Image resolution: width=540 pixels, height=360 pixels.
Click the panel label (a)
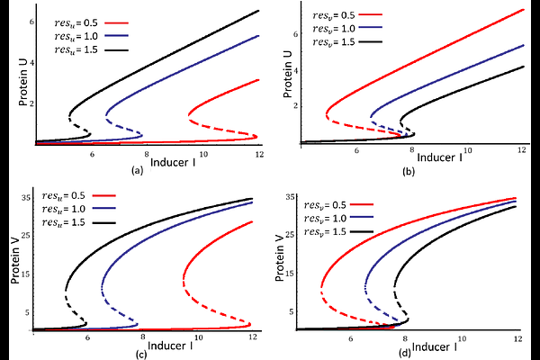pos(136,169)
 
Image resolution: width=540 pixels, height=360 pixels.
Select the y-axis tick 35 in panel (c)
pos(27,197)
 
